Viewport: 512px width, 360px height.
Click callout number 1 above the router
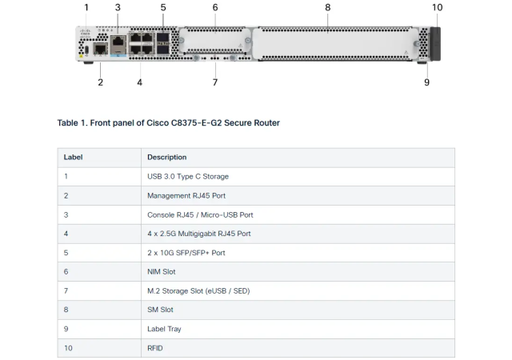[86, 7]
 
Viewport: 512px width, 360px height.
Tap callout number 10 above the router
[437, 7]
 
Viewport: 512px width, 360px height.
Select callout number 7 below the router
[215, 82]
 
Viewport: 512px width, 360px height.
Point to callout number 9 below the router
[426, 82]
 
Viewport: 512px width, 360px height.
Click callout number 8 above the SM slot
[327, 7]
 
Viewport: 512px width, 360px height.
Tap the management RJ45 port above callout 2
[100, 50]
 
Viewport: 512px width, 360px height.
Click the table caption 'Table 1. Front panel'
[168, 123]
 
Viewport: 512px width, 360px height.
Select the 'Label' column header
[73, 158]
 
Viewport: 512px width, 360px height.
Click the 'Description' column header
[166, 158]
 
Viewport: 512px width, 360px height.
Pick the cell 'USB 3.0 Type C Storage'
[187, 176]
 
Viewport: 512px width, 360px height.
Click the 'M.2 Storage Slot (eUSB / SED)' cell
[198, 290]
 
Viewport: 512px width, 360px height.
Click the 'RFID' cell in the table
[155, 348]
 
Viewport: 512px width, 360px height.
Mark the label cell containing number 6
[66, 272]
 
